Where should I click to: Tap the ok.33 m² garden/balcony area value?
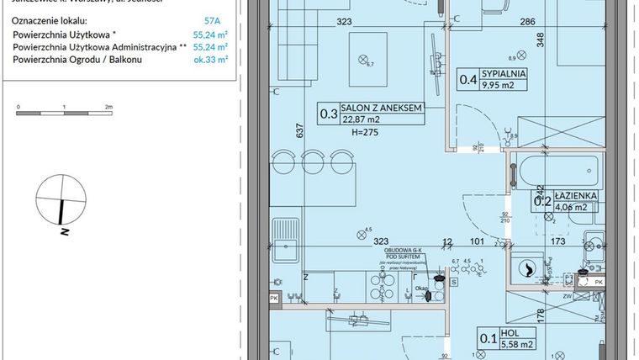pyautogui.click(x=211, y=60)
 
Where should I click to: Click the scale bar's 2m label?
pyautogui.click(x=109, y=109)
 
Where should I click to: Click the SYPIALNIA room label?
pyautogui.click(x=504, y=73)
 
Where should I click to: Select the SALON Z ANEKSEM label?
pyautogui.click(x=380, y=109)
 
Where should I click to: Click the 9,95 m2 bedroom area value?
pyautogui.click(x=504, y=84)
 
